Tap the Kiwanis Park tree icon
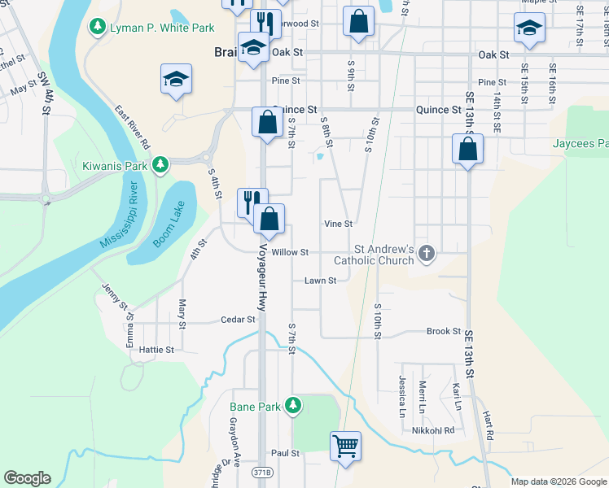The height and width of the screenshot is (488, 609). click(x=161, y=165)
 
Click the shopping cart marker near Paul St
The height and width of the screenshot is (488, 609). click(x=346, y=446)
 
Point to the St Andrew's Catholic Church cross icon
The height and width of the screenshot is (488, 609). click(x=425, y=255)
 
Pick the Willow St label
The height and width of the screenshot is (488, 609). click(x=290, y=253)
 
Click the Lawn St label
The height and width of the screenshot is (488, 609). click(x=321, y=281)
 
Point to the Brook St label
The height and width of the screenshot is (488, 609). click(x=444, y=331)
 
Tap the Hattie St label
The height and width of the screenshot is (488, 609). click(x=157, y=350)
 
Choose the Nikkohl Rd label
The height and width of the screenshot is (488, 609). click(x=433, y=430)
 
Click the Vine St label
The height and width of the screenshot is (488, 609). click(x=338, y=224)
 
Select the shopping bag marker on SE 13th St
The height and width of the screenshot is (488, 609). click(x=467, y=150)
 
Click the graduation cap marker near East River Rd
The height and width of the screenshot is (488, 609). click(x=176, y=80)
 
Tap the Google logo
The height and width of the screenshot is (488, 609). click(x=27, y=478)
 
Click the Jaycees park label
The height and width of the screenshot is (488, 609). click(x=580, y=144)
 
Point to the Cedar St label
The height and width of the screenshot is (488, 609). click(x=239, y=320)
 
